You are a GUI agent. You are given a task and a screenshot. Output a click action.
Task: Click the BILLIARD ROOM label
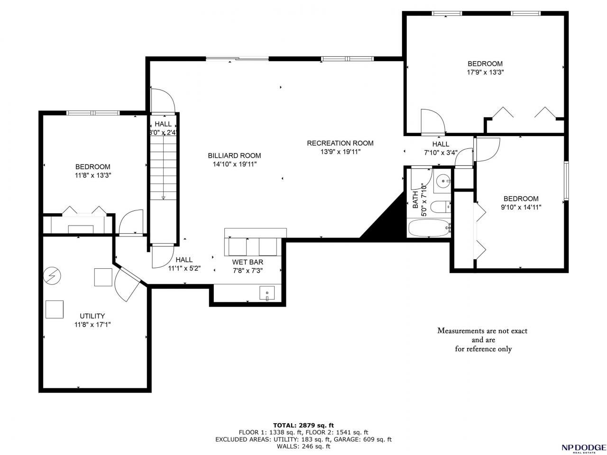[x=234, y=155]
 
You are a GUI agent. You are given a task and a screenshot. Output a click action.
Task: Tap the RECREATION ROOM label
[x=340, y=143]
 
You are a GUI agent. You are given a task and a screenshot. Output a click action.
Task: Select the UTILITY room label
[x=92, y=316]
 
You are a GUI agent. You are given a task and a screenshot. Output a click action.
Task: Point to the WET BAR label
[x=248, y=262]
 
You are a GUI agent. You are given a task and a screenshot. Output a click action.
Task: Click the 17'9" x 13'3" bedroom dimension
[x=485, y=73]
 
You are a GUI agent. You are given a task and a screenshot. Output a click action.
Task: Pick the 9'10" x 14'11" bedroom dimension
[x=521, y=207]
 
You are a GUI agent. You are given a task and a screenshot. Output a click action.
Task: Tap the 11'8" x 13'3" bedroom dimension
[x=93, y=175]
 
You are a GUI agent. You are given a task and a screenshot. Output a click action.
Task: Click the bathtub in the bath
[x=429, y=228]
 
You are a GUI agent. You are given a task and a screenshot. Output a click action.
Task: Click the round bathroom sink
[x=443, y=181]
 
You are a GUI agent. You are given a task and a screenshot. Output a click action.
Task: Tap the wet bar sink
[x=267, y=293]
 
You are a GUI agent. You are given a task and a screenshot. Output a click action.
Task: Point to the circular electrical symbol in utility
[x=52, y=275]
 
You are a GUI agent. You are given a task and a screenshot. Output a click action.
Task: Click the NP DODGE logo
[x=583, y=447]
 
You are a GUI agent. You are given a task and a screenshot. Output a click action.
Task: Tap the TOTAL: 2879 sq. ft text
[x=303, y=425]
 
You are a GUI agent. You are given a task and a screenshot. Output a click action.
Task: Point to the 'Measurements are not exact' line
[x=482, y=331]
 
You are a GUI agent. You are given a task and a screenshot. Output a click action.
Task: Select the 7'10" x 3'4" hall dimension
[x=441, y=153]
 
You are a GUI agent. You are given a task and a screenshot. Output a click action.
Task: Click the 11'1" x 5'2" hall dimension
[x=184, y=268]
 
